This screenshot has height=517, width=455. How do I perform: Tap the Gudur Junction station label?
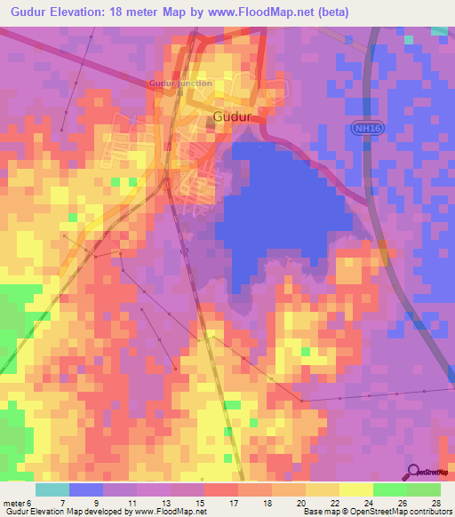pos(180,84)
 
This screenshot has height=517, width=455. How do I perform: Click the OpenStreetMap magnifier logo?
pos(413,473)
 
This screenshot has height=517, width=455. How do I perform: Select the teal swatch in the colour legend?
pos(52,489)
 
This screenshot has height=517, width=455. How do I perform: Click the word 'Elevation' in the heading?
pos(81,12)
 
